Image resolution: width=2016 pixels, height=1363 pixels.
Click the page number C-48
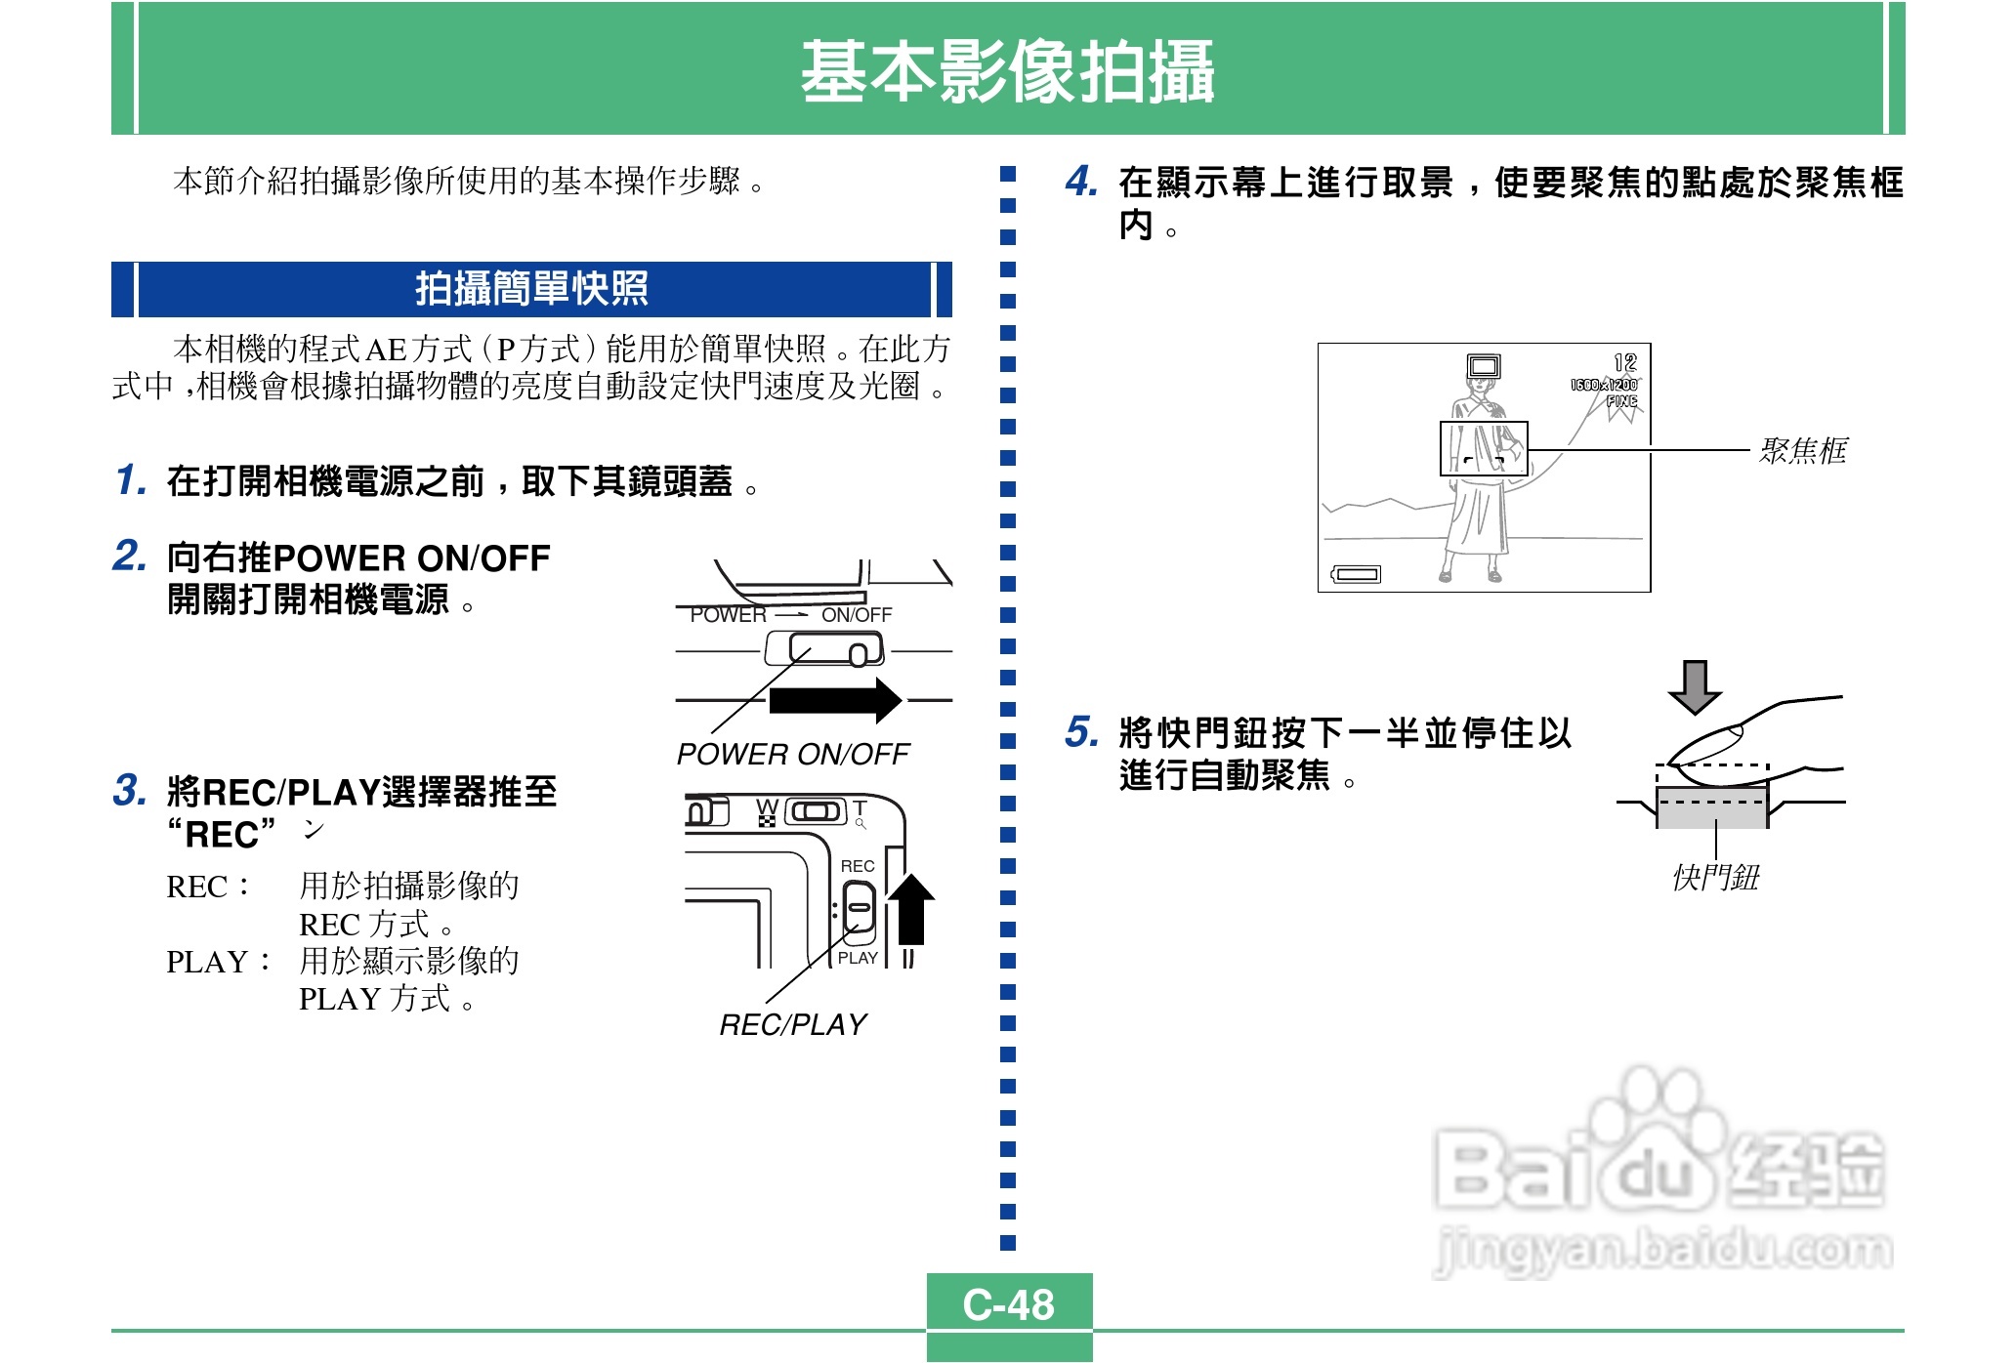coord(1008,1304)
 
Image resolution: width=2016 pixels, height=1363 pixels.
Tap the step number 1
coord(130,479)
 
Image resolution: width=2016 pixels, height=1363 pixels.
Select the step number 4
coord(1080,181)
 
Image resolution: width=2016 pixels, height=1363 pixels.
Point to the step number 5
coord(1080,731)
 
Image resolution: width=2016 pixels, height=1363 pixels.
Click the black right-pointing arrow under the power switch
coord(835,700)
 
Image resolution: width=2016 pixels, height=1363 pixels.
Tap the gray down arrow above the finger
coord(1695,686)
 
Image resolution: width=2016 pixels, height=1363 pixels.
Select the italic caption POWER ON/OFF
coord(792,754)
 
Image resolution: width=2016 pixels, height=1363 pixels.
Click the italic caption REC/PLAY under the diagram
coord(792,1024)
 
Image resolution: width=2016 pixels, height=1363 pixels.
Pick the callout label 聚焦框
coord(1802,450)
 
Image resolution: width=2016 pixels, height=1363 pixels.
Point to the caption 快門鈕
coord(1715,877)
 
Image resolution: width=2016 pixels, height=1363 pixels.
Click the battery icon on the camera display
coord(1357,574)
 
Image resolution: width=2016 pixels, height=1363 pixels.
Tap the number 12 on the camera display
coord(1624,362)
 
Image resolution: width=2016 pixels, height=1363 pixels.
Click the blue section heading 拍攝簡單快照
coord(531,289)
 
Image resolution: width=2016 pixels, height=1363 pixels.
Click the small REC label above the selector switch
coord(857,866)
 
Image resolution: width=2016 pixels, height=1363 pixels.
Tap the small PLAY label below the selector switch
coord(857,958)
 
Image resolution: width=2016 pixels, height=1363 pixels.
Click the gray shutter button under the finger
coord(1711,808)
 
